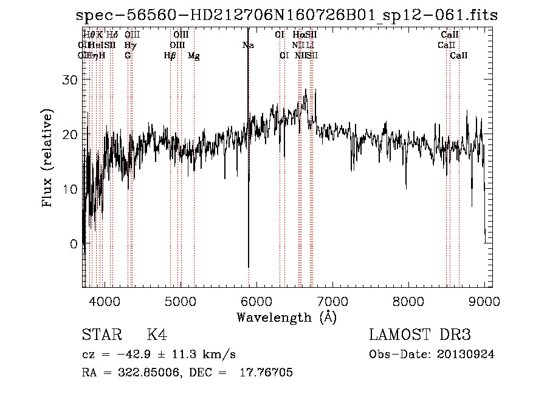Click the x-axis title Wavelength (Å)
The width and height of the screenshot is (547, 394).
[x=286, y=317]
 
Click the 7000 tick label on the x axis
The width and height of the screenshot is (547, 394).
[x=332, y=301]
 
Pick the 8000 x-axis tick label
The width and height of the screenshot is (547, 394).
[x=408, y=301]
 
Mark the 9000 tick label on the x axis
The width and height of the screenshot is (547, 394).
[x=484, y=301]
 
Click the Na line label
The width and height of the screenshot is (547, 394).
[x=248, y=45]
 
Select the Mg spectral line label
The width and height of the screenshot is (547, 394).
[x=194, y=56]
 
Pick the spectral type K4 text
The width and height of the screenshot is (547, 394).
[x=157, y=335]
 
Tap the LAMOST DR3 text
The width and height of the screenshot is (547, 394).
[x=420, y=335]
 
